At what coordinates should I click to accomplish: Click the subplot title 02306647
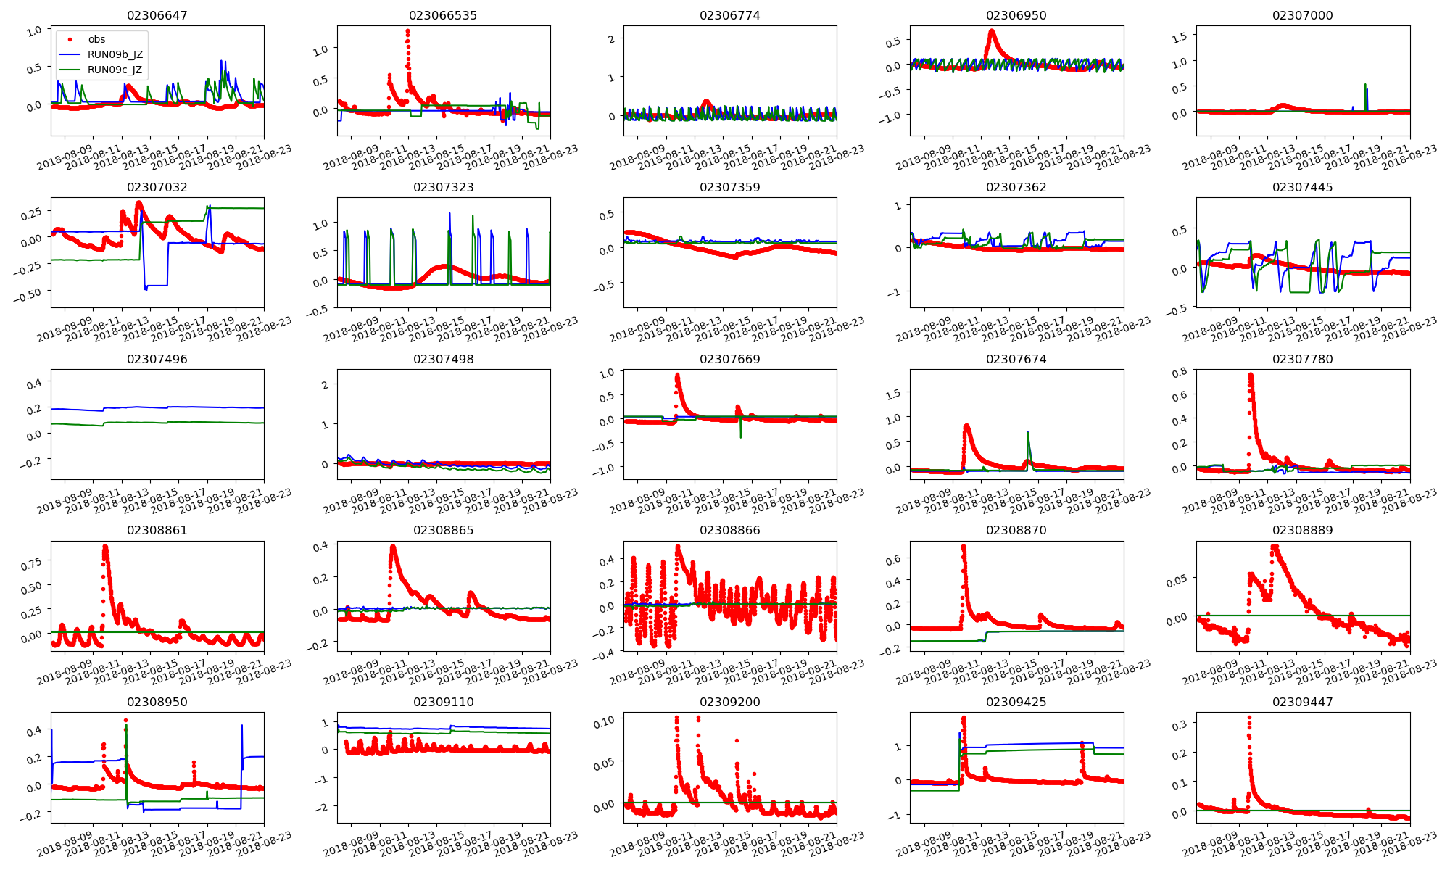click(157, 15)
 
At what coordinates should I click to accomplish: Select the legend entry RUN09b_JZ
click(115, 54)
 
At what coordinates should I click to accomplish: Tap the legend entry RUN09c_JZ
click(115, 70)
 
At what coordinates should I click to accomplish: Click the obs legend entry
click(96, 39)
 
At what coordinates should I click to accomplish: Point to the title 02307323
click(443, 187)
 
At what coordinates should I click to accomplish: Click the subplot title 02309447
click(1302, 702)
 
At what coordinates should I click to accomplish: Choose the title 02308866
click(729, 530)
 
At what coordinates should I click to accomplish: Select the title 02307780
click(1302, 359)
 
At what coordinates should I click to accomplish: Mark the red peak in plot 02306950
click(991, 31)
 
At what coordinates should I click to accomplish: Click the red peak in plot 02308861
click(105, 547)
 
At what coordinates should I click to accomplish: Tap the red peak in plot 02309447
click(1248, 718)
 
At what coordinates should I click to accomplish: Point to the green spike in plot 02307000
click(1365, 85)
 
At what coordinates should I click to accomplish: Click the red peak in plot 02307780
click(1251, 375)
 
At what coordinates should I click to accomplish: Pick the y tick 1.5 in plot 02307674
click(893, 394)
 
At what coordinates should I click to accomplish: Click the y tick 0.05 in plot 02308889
click(1177, 581)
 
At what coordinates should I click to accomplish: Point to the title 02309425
click(1016, 702)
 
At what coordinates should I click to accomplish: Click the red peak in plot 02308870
click(964, 546)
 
